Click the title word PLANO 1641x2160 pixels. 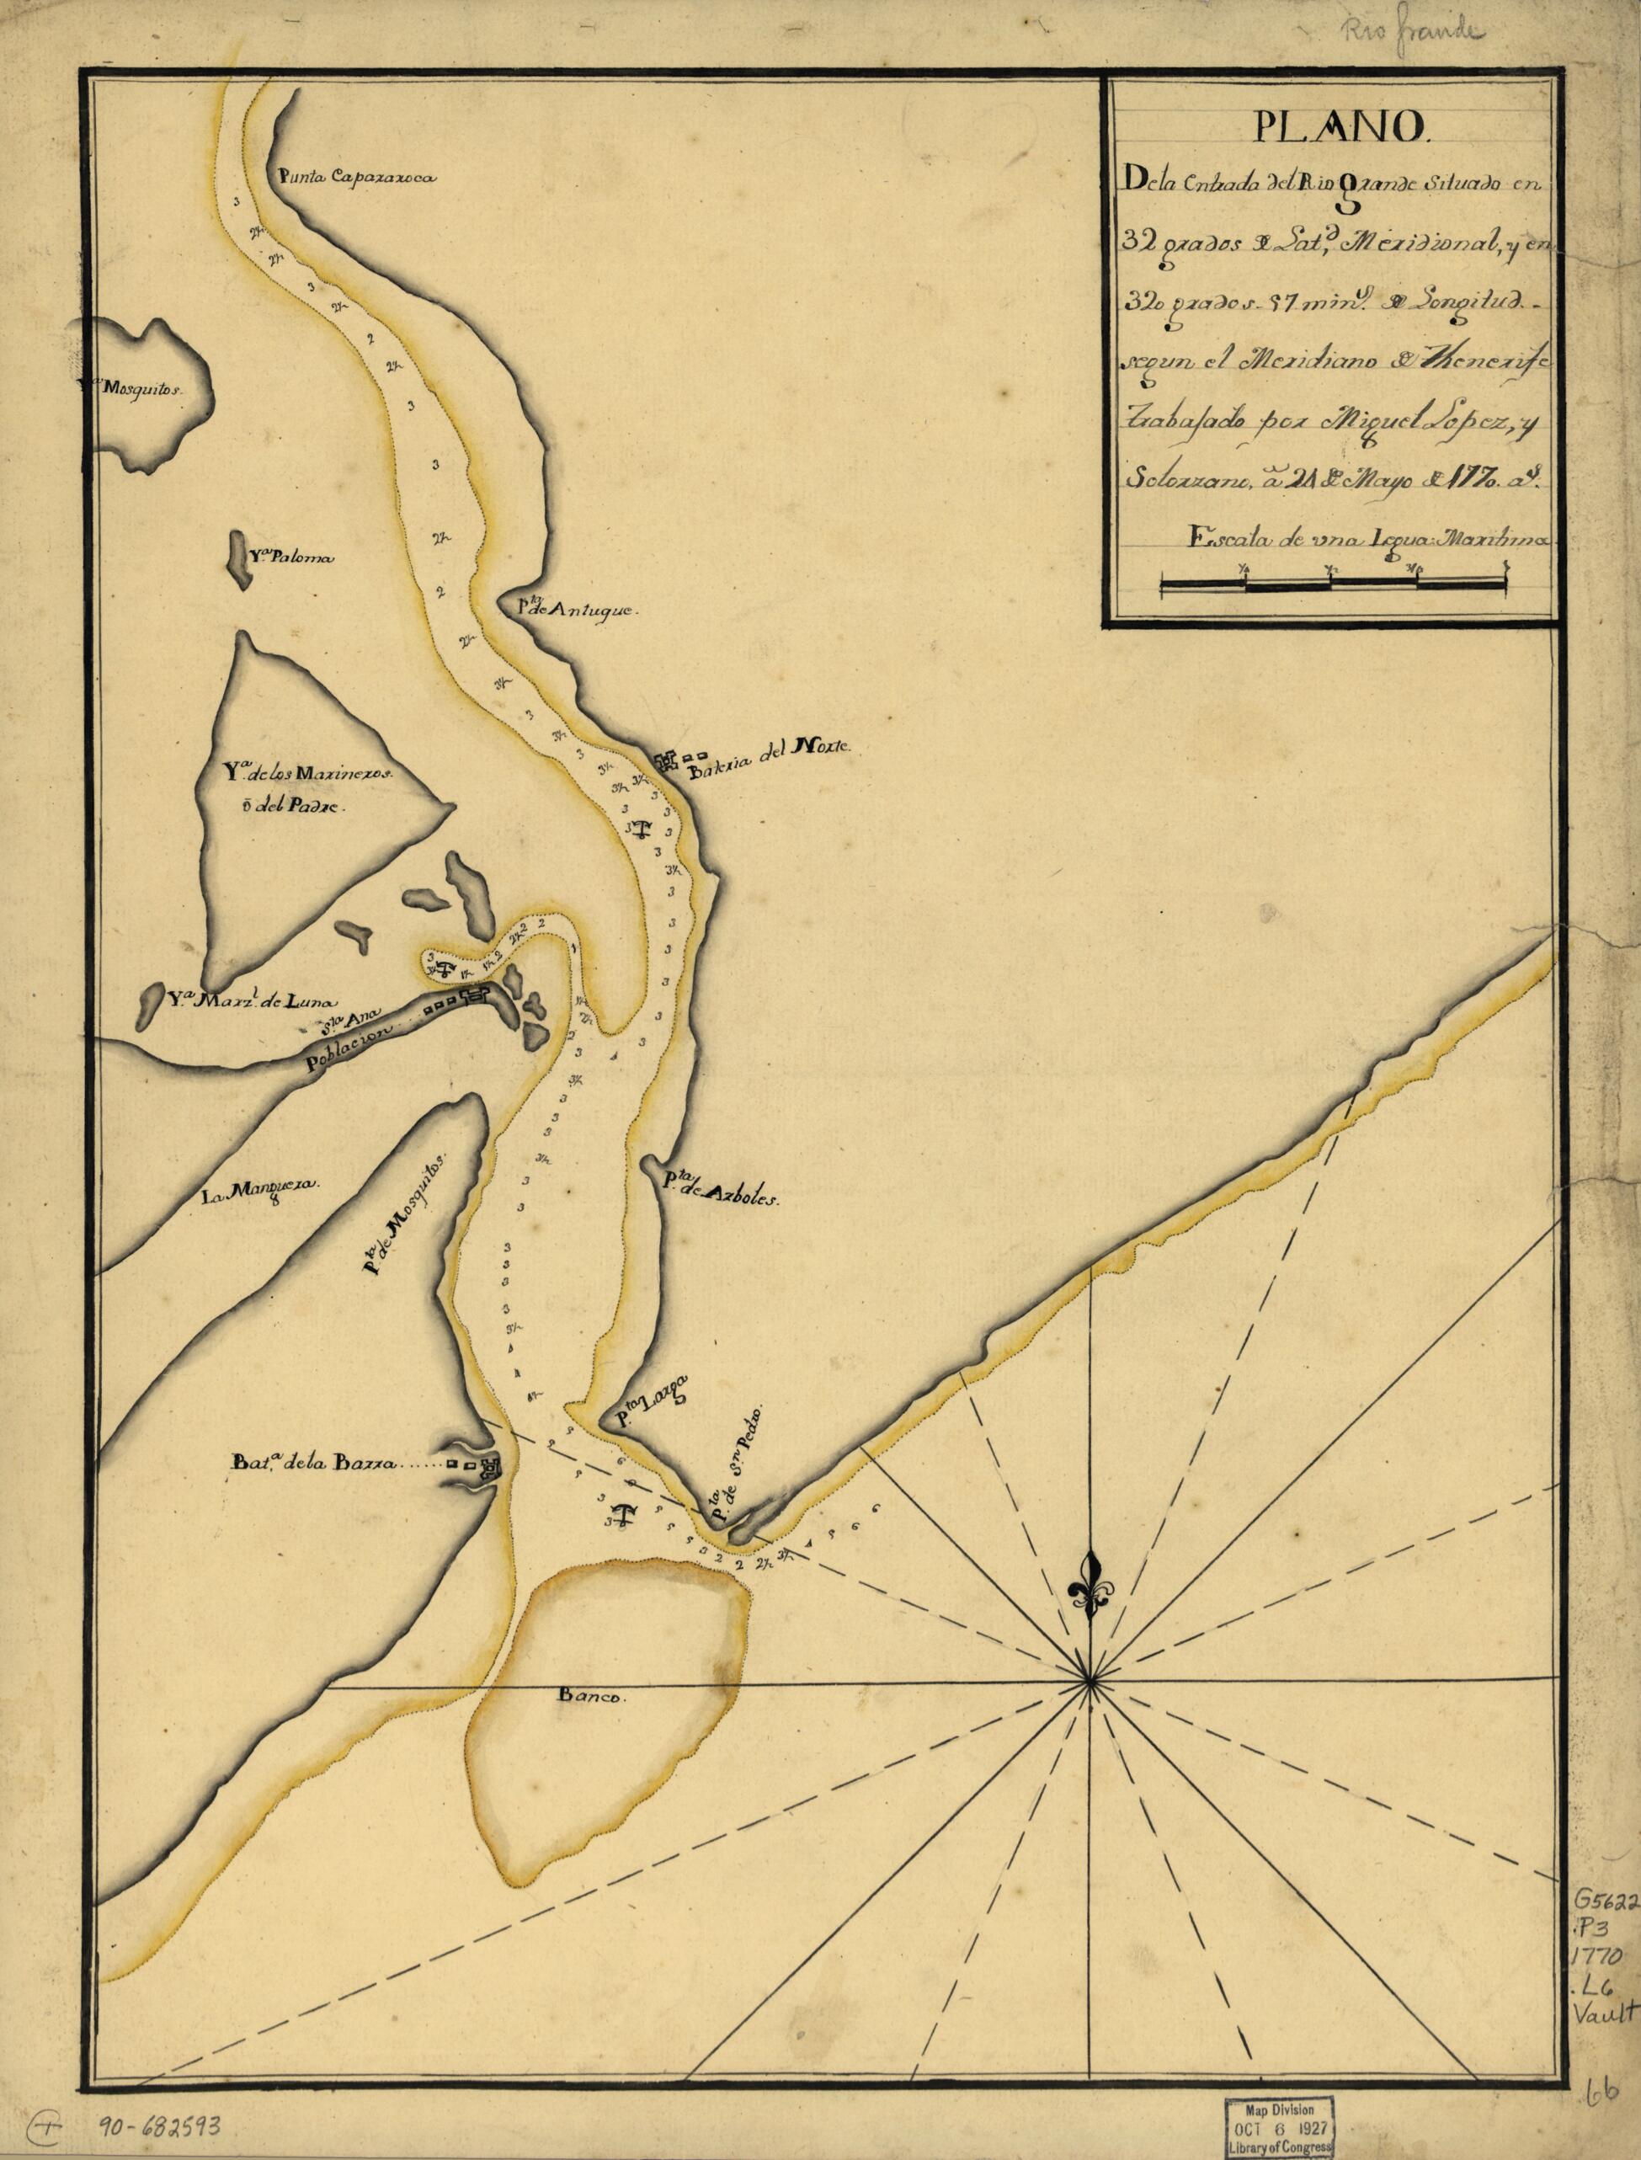click(1330, 127)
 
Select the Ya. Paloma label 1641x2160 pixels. click(290, 559)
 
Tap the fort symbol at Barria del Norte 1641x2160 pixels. click(669, 761)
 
